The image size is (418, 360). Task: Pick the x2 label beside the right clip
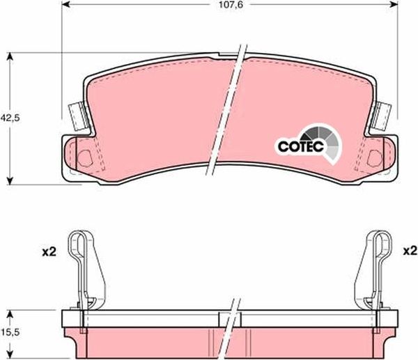point(410,250)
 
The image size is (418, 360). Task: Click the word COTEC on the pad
point(298,147)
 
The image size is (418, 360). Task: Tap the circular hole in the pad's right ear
point(375,157)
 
